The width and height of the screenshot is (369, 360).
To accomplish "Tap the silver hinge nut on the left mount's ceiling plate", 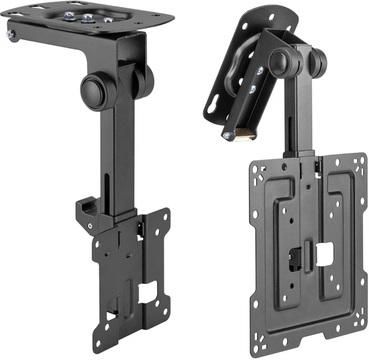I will coord(11,35).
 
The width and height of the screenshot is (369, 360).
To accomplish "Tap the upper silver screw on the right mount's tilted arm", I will coord(261,70).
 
